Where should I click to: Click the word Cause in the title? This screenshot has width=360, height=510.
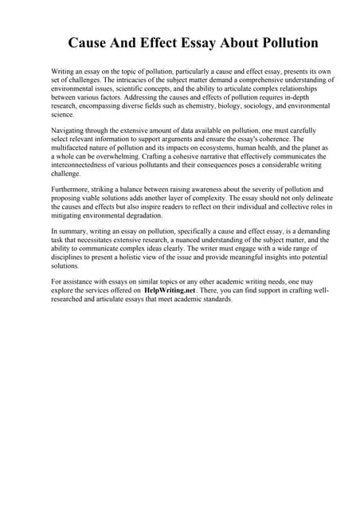[x=90, y=42]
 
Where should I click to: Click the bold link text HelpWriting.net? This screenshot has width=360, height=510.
[x=169, y=292]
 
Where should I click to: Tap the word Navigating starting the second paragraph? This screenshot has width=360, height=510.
[x=70, y=129]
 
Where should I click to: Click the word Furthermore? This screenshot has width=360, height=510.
[x=74, y=190]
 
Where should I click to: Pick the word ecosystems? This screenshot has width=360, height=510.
[x=233, y=148]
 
